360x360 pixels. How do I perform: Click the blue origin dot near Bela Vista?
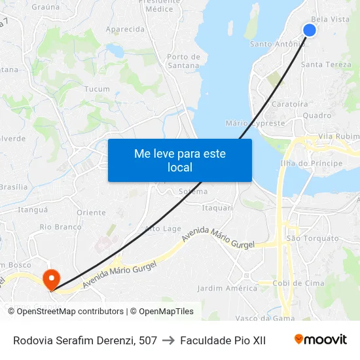(310, 30)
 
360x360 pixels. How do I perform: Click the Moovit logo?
(321, 340)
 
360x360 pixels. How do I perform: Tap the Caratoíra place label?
(290, 104)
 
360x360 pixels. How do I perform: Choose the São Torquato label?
(312, 238)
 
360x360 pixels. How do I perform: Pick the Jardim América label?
(227, 288)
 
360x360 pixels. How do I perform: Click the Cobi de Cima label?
(298, 283)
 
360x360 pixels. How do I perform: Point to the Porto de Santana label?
(183, 61)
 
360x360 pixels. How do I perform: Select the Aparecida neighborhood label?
(125, 29)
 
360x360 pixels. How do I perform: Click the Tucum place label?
(97, 89)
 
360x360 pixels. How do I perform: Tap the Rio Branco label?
(60, 227)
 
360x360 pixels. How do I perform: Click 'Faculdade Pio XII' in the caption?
(223, 340)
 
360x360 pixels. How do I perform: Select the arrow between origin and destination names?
(168, 340)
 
